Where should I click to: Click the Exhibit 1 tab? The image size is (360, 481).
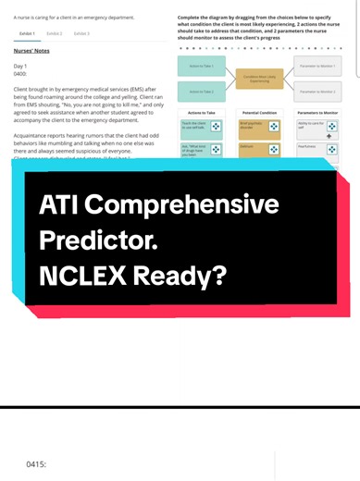point(27,33)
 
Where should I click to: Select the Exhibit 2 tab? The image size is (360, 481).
point(55,33)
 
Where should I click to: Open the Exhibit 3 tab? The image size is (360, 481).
point(81,33)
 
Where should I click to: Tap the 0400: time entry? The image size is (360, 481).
point(20,78)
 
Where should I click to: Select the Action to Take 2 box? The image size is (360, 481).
point(202,92)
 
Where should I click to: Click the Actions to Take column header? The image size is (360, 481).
point(201,112)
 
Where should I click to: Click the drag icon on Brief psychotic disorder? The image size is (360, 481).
point(274,126)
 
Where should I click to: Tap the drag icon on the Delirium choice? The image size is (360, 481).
point(274,149)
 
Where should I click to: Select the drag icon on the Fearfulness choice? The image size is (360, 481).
point(332,150)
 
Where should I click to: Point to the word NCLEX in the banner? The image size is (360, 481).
point(79,275)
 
